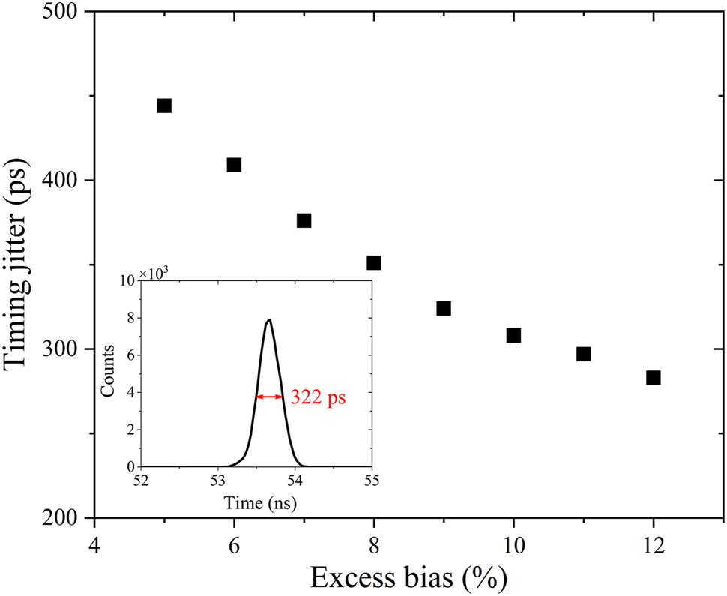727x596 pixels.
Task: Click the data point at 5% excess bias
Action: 164,106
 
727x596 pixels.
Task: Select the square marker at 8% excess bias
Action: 374,262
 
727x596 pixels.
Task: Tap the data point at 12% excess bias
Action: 654,377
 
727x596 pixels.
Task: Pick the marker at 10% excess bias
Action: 513,335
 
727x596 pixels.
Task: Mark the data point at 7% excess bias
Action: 304,220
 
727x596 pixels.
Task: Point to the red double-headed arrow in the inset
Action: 270,397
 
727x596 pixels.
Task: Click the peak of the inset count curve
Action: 269,320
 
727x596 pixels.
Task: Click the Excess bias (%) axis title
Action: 409,577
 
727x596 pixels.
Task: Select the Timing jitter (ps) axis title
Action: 19,265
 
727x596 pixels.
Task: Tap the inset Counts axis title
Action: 109,373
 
